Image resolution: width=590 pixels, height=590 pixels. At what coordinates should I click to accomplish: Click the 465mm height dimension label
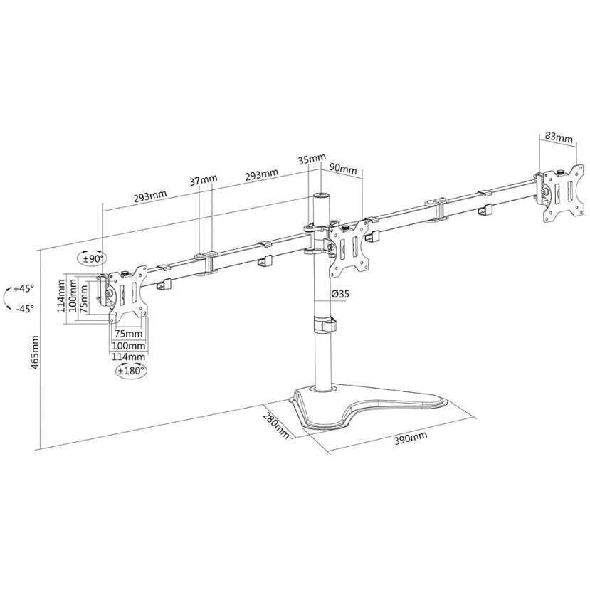tap(36, 352)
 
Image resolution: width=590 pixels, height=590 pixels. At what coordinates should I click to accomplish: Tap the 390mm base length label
tap(411, 438)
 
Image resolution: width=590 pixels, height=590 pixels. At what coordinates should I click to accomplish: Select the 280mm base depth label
tap(276, 426)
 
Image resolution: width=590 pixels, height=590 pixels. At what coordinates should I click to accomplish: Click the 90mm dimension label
tap(343, 168)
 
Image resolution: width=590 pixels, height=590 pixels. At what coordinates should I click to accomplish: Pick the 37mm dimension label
tap(203, 180)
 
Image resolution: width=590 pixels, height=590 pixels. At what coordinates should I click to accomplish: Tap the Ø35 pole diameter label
tap(340, 294)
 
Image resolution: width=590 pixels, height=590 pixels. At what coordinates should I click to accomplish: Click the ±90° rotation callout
tap(93, 258)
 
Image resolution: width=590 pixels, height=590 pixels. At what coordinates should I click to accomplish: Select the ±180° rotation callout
tap(131, 370)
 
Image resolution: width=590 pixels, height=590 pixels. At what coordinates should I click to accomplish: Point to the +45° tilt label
tap(23, 289)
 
